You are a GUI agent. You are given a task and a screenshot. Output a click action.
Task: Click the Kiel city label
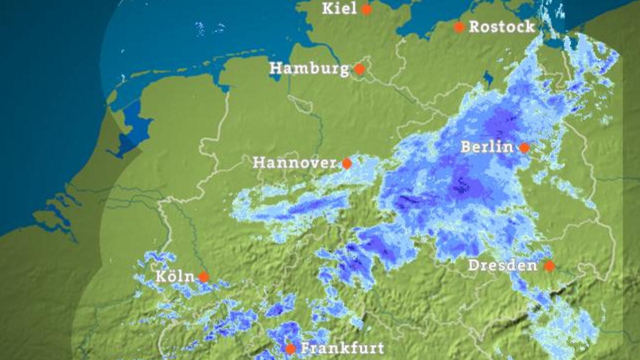click(x=339, y=8)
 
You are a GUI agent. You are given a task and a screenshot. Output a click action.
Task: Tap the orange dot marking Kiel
click(x=366, y=9)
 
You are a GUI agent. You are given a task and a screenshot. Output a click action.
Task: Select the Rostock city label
click(x=501, y=27)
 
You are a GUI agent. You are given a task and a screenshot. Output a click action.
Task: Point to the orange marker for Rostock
click(x=459, y=27)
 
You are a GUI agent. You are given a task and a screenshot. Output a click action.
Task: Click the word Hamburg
click(x=309, y=68)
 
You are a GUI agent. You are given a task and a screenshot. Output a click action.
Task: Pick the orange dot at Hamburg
click(x=359, y=69)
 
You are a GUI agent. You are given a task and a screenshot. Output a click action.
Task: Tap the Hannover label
click(x=294, y=162)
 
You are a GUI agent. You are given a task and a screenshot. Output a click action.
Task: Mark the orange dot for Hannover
click(x=346, y=163)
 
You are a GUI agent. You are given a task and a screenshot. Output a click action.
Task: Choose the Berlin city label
click(x=486, y=147)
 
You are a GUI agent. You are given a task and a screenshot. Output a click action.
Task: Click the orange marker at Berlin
click(x=524, y=147)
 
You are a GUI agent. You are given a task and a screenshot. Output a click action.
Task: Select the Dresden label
click(x=502, y=265)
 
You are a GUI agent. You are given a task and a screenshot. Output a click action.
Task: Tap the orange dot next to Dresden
click(x=549, y=266)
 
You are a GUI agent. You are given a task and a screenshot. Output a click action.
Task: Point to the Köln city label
click(x=175, y=276)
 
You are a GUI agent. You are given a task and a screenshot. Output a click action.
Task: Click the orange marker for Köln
click(x=203, y=276)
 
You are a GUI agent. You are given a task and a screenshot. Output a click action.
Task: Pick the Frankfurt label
click(x=342, y=348)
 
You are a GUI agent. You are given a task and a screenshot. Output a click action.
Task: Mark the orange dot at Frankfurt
click(x=290, y=349)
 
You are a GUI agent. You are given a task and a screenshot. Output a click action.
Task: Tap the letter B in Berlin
click(x=465, y=147)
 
